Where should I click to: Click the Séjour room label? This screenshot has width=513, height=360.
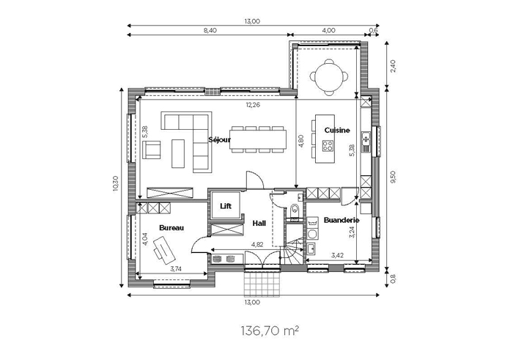tap(220, 140)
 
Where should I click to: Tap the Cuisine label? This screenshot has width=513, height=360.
tap(337, 131)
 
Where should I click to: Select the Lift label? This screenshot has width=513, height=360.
tap(226, 206)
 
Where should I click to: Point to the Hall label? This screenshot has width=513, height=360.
tap(259, 223)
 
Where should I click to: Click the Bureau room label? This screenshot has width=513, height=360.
tap(171, 228)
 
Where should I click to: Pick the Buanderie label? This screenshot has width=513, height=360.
tap(342, 220)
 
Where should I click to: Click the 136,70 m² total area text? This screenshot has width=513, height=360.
tap(270, 331)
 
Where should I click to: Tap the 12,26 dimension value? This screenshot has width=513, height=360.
tap(253, 105)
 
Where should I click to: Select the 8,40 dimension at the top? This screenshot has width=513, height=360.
tap(210, 31)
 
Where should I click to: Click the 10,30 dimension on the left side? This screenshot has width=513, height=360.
tap(115, 183)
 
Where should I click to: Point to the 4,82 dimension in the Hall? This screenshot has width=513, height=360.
tap(257, 244)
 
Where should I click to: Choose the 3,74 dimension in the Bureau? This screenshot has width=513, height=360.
tap(176, 269)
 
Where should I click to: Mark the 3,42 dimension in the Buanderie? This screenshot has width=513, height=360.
tap(337, 255)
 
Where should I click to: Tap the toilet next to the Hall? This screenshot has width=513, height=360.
tap(295, 211)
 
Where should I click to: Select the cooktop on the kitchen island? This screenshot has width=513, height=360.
tap(328, 146)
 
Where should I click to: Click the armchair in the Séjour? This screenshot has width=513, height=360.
tap(152, 150)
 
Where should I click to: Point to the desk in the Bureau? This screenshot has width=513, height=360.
tap(164, 250)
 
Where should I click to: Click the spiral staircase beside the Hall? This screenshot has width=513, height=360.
tap(292, 251)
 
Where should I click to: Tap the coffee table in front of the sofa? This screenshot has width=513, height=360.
tap(178, 154)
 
